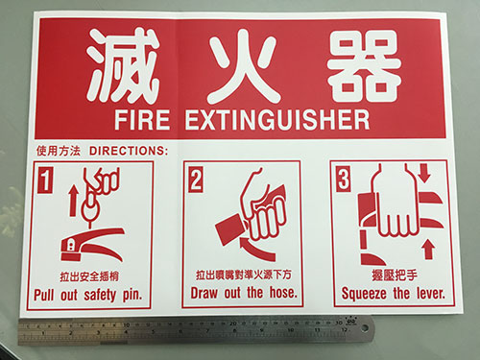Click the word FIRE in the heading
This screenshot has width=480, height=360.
(142, 120)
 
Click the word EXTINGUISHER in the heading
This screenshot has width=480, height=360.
(277, 120)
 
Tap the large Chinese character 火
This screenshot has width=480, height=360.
(242, 66)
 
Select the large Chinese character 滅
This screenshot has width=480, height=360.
(122, 65)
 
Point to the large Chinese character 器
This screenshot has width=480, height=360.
(364, 66)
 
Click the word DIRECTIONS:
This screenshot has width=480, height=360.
(129, 151)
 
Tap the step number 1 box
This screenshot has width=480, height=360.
(45, 180)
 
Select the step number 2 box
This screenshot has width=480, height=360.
(195, 180)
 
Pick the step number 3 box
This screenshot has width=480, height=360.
(344, 179)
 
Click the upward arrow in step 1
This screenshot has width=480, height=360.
(74, 201)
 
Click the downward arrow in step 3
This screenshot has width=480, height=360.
(424, 173)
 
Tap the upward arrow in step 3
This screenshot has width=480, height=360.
(429, 250)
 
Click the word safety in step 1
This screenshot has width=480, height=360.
(100, 295)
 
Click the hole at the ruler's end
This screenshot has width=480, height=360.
(365, 328)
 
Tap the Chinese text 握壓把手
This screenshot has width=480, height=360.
(395, 275)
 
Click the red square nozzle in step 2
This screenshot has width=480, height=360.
(229, 230)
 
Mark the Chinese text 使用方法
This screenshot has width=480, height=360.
(59, 151)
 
